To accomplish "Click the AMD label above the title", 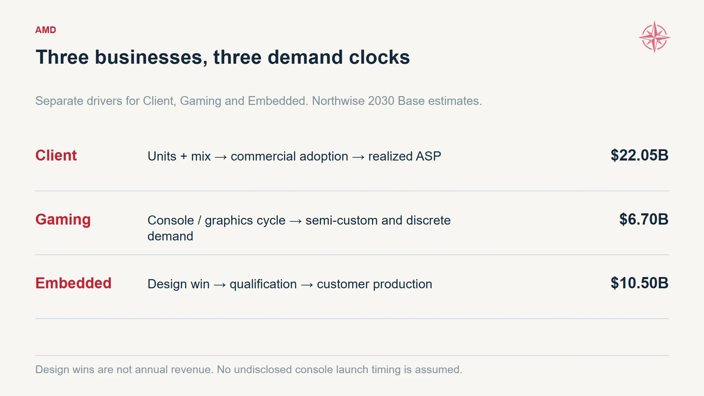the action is pos(45,30).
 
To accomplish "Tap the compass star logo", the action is pos(654,37).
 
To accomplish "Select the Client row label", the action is pos(56,155).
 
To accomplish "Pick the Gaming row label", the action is pos(63,220).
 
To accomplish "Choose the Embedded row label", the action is pos(73,283).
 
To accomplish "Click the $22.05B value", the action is pos(639,155).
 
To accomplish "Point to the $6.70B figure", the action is pos(644,219).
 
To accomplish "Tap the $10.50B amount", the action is pos(639,283).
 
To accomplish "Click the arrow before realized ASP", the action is pos(358,157).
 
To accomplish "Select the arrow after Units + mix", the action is pos(221,157).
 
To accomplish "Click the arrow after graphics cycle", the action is pos(296,221).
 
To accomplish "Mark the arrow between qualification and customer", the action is pos(307,285).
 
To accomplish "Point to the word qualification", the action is pos(263,284).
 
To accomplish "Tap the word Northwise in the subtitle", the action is pos(338,101).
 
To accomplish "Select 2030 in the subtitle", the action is pos(381,101).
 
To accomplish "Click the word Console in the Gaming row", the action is pos(171,220).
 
